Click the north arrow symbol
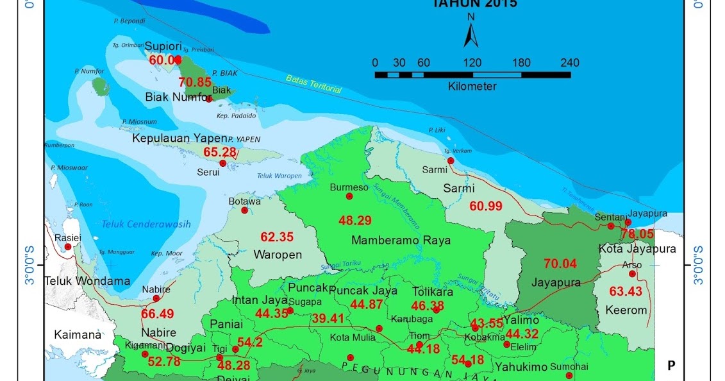pyautogui.click(x=471, y=35)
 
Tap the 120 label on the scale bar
pyautogui.click(x=472, y=63)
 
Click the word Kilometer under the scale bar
pyautogui.click(x=472, y=86)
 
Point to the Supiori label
pyautogui.click(x=163, y=47)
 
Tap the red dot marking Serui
pyautogui.click(x=223, y=164)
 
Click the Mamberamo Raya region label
pyautogui.click(x=401, y=241)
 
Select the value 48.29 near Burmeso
pyautogui.click(x=355, y=221)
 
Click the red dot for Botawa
pyautogui.click(x=244, y=210)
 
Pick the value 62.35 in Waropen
pyautogui.click(x=277, y=237)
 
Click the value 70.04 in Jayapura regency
pyautogui.click(x=560, y=264)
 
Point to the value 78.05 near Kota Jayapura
pyautogui.click(x=637, y=234)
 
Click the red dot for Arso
pyautogui.click(x=632, y=274)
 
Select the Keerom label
pyautogui.click(x=626, y=310)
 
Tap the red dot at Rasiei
pyautogui.click(x=68, y=246)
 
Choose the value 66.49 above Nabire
pyautogui.click(x=158, y=314)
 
